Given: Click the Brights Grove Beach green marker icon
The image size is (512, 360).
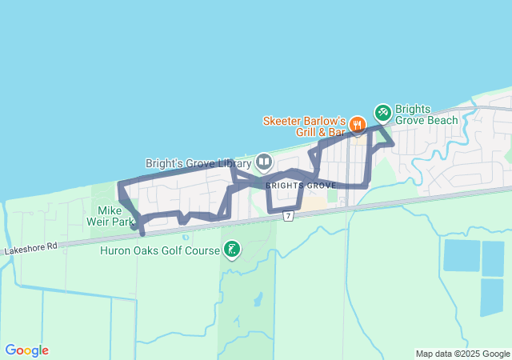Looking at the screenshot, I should click(x=382, y=111).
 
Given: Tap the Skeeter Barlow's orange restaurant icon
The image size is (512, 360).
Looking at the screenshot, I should click(x=358, y=125).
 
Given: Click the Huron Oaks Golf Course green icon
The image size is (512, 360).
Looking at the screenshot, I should click(x=231, y=250).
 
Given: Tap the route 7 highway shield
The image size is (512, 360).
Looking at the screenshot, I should click(x=288, y=217).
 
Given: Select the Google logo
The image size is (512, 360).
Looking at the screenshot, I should click(x=26, y=350).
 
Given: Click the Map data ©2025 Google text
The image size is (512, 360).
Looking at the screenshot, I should click(x=462, y=354).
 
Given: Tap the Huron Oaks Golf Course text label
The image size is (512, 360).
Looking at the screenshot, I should click(x=159, y=250).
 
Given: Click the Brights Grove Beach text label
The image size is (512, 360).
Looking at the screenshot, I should click(x=426, y=115).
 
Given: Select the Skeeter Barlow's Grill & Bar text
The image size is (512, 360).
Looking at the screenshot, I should click(x=305, y=126).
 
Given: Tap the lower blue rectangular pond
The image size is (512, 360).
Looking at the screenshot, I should click(x=491, y=298).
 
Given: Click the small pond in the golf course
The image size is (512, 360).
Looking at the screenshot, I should click(x=258, y=300).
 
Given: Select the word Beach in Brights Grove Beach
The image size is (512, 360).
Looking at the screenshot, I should click(x=442, y=121).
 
